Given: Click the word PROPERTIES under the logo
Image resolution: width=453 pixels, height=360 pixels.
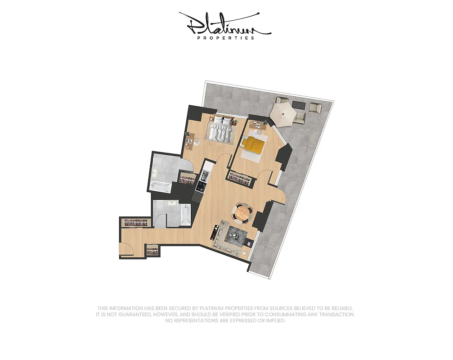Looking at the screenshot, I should coord(226,38).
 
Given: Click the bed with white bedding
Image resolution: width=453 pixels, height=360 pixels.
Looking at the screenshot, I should coord(222,129).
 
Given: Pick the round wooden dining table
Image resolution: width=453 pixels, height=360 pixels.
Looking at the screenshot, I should coord(242,212).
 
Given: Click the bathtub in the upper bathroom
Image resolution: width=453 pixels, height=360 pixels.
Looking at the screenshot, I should coord(159,186).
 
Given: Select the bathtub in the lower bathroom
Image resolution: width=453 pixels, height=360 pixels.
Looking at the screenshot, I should coord(184,215).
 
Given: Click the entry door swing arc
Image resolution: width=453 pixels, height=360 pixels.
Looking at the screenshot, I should coord(126,249).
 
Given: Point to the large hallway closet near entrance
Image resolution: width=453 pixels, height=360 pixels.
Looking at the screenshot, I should coord(135,223).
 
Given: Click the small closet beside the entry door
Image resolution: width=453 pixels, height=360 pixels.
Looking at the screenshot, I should coord(153,251).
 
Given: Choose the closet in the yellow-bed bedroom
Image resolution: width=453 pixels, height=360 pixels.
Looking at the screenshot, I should coord(240,179).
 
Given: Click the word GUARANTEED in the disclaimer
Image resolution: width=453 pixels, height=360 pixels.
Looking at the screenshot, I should coord(133,315).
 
